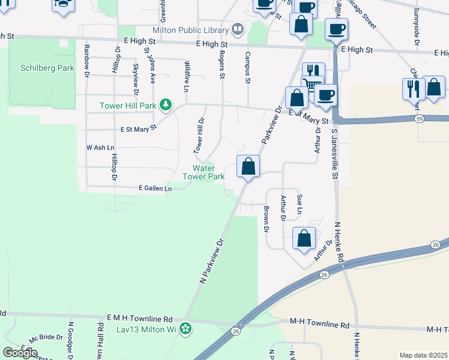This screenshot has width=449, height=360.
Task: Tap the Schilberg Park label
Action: tap(47, 68)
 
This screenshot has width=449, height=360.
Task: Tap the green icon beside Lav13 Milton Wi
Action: tap(186, 328)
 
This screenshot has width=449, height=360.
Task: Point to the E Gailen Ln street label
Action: tap(155, 188)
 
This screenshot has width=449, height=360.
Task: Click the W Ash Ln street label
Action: tap(100, 147)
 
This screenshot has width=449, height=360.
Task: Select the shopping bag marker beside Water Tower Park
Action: tap(248, 167)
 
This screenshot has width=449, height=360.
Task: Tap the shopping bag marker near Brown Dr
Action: tap(304, 238)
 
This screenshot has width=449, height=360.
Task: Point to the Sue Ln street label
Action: tap(298, 204)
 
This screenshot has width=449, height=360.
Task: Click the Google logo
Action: tap(20, 352)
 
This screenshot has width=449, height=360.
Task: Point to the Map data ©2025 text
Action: tap(423, 355)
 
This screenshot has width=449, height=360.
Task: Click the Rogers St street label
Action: tap(221, 64)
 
